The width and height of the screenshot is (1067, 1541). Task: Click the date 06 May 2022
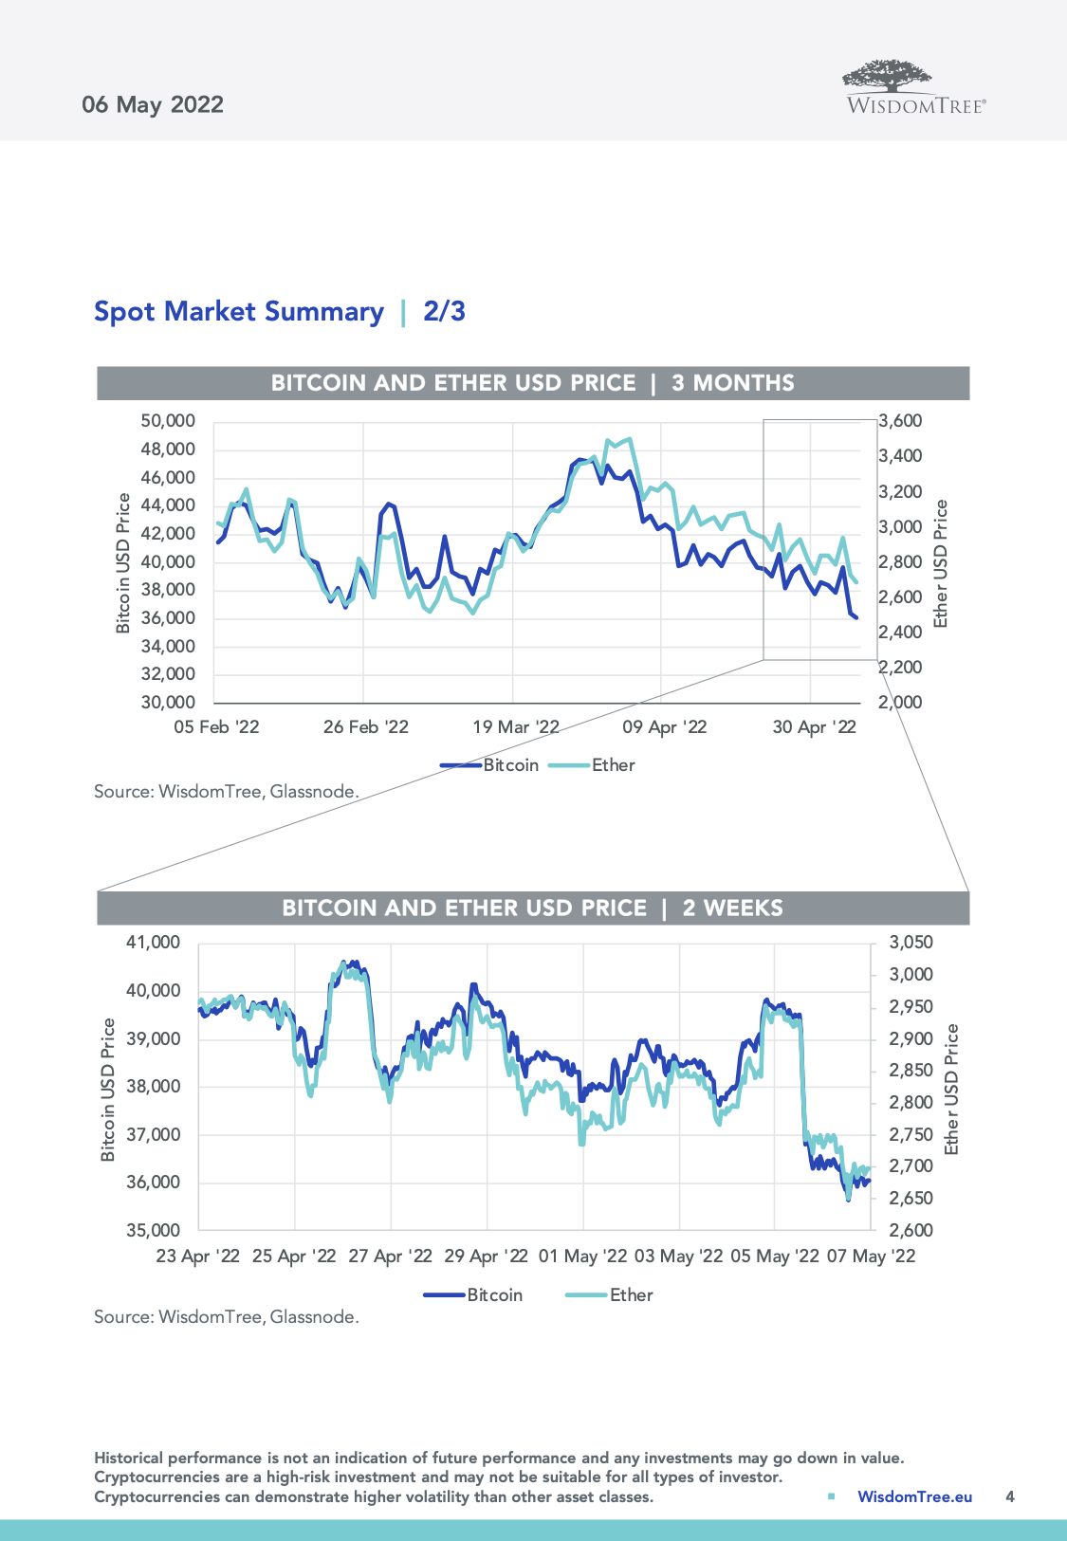click(153, 104)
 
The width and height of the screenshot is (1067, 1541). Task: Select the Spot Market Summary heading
click(239, 312)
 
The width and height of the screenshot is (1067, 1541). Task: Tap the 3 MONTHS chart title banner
click(533, 383)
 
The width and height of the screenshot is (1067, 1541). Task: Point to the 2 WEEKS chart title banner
click(533, 908)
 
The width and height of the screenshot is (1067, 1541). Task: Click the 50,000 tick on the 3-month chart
click(168, 421)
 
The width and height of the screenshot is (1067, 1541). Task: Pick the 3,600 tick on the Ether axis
click(900, 421)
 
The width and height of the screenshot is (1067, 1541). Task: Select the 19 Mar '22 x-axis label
click(516, 727)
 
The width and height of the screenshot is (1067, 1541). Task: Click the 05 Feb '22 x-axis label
click(216, 727)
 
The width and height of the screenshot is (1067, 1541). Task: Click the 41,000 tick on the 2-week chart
click(153, 943)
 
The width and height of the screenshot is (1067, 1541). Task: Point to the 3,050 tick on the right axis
click(911, 943)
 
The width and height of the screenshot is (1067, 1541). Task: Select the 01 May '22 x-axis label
click(582, 1257)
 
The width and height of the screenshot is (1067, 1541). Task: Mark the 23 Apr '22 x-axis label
click(198, 1257)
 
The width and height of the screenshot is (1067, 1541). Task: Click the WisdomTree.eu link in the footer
click(914, 1496)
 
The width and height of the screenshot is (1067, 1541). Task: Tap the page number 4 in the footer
click(1010, 1496)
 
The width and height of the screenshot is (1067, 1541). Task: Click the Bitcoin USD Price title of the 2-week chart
click(108, 1090)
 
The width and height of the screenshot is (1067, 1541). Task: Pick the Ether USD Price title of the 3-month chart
click(941, 563)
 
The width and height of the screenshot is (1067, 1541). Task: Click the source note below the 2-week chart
click(227, 1317)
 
